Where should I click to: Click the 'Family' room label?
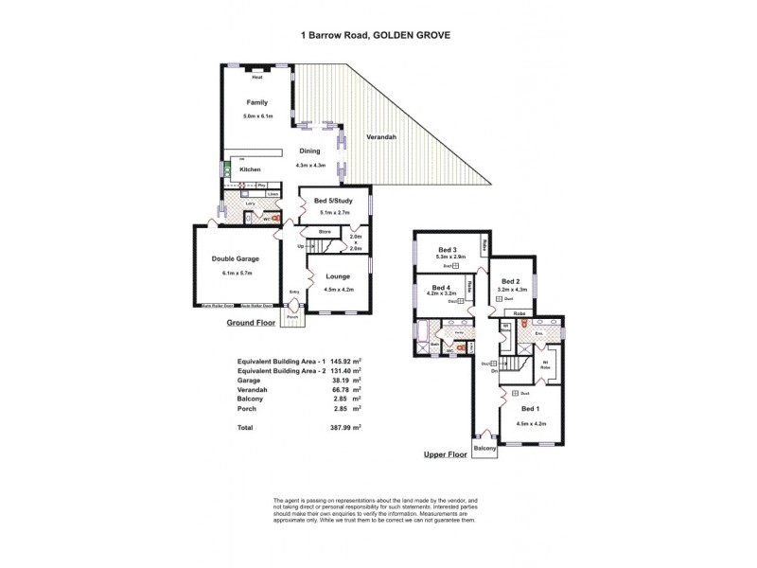pyautogui.click(x=256, y=101)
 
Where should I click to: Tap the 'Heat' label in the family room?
pyautogui.click(x=256, y=78)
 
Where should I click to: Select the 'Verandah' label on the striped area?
pyautogui.click(x=382, y=138)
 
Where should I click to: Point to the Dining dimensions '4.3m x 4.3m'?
pyautogui.click(x=310, y=166)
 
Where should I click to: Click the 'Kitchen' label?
pyautogui.click(x=250, y=169)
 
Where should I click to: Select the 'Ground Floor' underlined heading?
pyautogui.click(x=249, y=323)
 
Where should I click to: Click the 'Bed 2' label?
pyautogui.click(x=511, y=281)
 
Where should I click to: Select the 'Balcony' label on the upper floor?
pyautogui.click(x=484, y=449)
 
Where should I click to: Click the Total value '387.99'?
pyautogui.click(x=338, y=428)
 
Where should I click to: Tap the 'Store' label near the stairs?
pyautogui.click(x=325, y=231)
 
